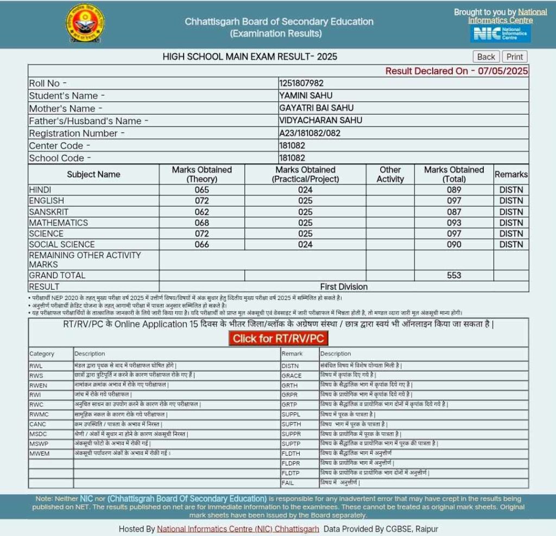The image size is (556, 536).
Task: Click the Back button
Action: [x=486, y=57]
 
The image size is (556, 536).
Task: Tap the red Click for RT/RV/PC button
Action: [x=278, y=339]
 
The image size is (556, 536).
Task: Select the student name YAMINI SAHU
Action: [x=306, y=95]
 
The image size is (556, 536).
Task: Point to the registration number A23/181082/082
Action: [x=313, y=133]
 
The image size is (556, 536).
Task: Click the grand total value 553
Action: [x=454, y=276]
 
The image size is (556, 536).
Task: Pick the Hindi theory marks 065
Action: [x=201, y=190]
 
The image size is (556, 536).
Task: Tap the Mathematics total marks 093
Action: [x=454, y=223]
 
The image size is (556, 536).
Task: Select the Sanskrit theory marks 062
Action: [x=201, y=212]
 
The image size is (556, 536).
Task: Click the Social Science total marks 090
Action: [x=454, y=245]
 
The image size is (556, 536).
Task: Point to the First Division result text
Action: [x=344, y=286]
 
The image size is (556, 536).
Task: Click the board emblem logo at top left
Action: [x=85, y=24]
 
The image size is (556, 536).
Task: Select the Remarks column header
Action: [x=511, y=174]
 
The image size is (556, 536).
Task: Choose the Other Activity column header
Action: [x=390, y=174]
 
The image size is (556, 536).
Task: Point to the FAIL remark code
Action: [x=288, y=483]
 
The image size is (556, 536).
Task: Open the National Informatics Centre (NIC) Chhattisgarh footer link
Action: [x=238, y=529]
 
